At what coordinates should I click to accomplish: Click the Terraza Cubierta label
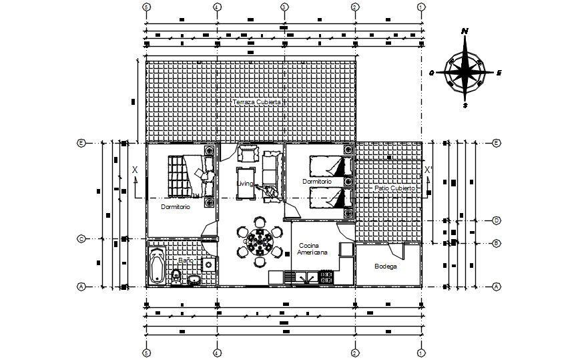coord(257,102)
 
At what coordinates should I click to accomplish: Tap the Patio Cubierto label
coord(394,188)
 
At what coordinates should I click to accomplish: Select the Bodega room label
coord(385,266)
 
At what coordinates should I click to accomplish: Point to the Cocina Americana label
coord(313,249)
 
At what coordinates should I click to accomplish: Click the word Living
coord(245,183)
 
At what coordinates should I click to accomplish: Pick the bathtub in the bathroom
coord(158,265)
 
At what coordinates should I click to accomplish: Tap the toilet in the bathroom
coord(176,276)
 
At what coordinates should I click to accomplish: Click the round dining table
coord(260,242)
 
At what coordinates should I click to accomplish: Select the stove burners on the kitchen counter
coord(327,277)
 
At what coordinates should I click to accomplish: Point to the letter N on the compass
coord(465,31)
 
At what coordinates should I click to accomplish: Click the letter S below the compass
coord(465,105)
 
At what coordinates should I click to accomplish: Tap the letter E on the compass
coord(499,73)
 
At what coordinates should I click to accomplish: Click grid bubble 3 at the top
coord(284,7)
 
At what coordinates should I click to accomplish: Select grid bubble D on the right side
coord(497,220)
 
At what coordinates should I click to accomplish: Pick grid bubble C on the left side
coord(81,238)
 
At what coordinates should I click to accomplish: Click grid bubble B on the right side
coord(497,243)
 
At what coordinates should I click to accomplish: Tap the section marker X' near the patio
coord(428,170)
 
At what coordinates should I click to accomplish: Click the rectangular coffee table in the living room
coord(244,183)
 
